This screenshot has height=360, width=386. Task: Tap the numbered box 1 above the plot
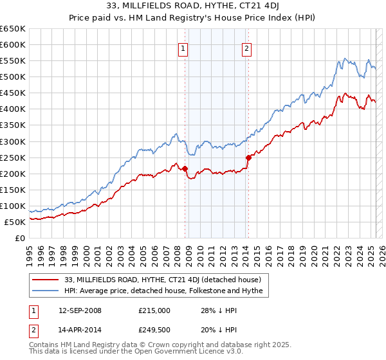[183, 48]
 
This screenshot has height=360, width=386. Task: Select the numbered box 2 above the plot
[247, 48]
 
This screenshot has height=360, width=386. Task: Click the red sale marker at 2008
[185, 168]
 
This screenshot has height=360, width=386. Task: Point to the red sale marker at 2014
[248, 157]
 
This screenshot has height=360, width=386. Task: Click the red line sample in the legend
[46, 280]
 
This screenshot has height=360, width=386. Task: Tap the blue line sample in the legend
[46, 291]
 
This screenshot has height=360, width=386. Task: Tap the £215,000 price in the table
[154, 310]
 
